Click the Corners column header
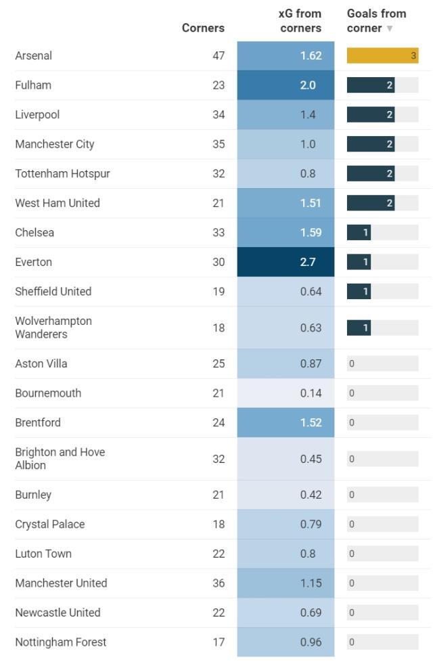point(203,28)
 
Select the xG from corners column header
point(300,21)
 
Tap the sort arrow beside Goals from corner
point(390,28)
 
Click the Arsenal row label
point(34,55)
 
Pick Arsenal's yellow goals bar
point(382,55)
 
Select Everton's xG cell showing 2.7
point(286,262)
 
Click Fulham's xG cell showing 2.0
point(286,85)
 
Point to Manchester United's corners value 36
point(219,583)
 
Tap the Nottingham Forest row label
point(61,642)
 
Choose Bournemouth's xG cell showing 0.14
point(286,393)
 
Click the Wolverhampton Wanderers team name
point(53,328)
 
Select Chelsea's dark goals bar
point(359,232)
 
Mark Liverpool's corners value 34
point(219,114)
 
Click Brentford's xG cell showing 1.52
point(286,422)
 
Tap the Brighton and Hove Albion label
point(60,458)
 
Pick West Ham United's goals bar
point(371,203)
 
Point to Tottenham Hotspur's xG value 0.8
point(308,173)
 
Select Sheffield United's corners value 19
point(219,291)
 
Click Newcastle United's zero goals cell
point(382,613)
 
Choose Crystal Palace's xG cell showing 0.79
point(286,524)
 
